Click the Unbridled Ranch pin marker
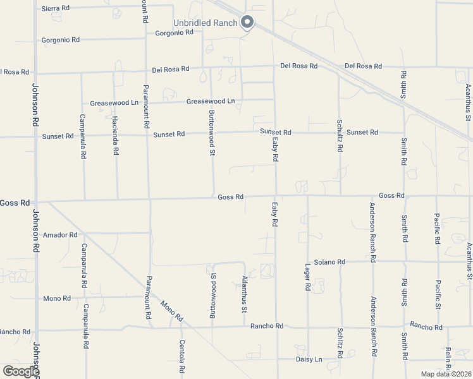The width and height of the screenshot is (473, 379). click(247, 23)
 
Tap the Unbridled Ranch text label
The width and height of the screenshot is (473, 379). click(206, 23)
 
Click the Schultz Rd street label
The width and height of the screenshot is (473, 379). click(340, 136)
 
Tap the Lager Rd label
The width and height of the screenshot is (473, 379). click(308, 277)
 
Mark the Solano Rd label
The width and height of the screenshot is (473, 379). click(329, 262)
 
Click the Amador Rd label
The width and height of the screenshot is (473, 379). click(60, 235)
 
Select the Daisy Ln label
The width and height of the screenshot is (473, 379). click(309, 359)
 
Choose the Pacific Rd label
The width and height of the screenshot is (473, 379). click(437, 229)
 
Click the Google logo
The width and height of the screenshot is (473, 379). click(21, 371)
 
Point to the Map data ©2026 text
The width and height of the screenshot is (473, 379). click(446, 374)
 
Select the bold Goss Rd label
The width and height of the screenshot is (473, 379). click(15, 203)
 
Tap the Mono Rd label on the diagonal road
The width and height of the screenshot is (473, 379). click(171, 310)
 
